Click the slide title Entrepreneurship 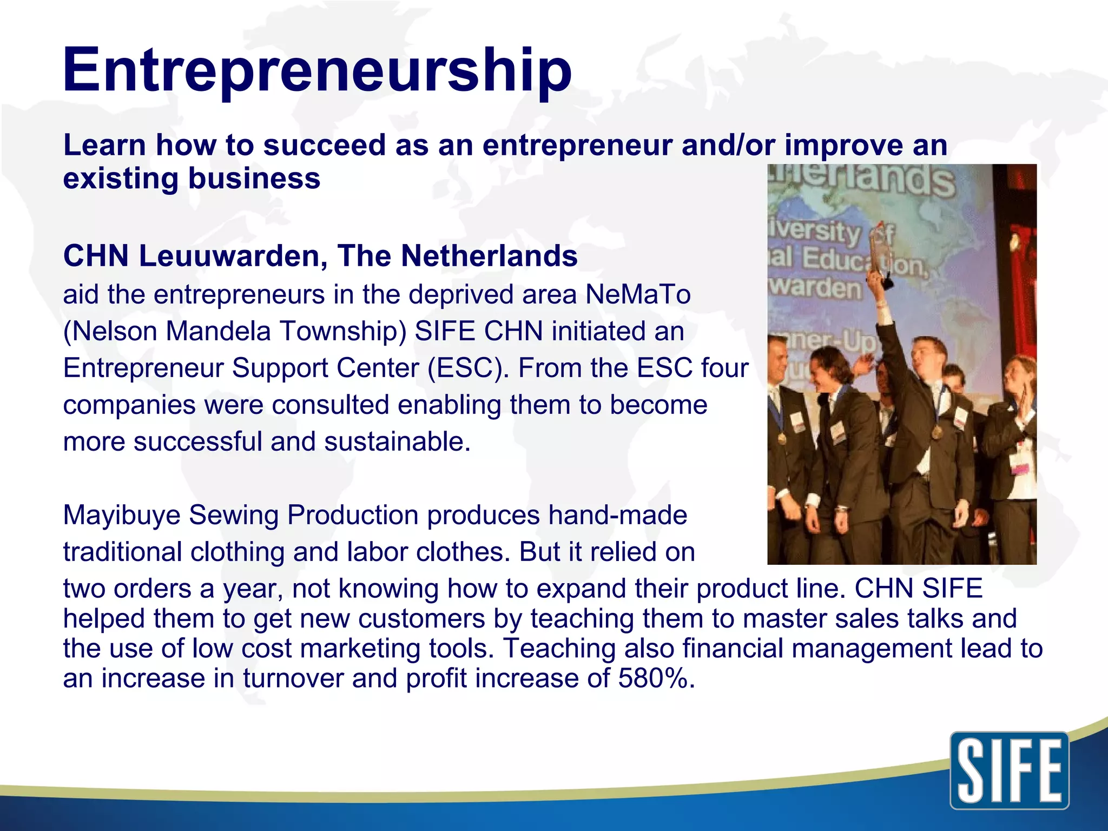pyautogui.click(x=317, y=70)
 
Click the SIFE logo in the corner pyautogui.click(x=1010, y=770)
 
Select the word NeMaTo pyautogui.click(x=638, y=295)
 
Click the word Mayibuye pyautogui.click(x=121, y=515)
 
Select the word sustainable pyautogui.click(x=397, y=442)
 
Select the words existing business pyautogui.click(x=192, y=179)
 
